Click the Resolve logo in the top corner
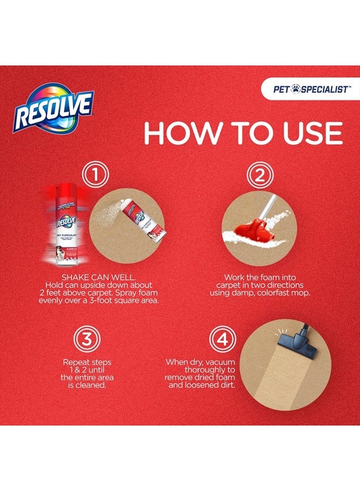click(x=53, y=107)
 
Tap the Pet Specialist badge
click(x=310, y=88)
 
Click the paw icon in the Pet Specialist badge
click(x=297, y=88)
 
